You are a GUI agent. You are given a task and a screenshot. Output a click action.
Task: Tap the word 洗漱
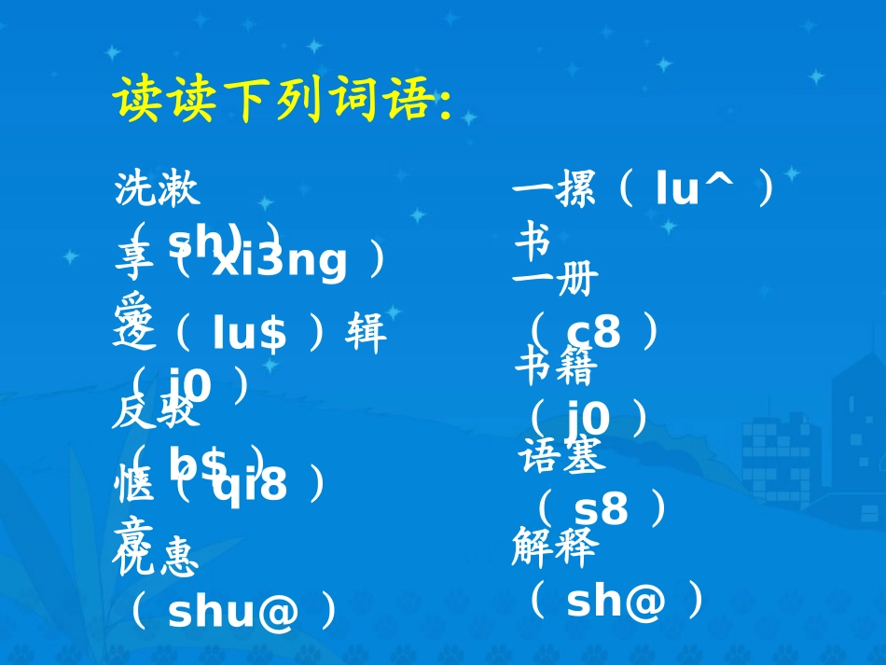[157, 190]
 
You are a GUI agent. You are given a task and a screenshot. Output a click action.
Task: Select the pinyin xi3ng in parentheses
[279, 262]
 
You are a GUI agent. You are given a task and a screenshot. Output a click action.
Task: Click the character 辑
[366, 334]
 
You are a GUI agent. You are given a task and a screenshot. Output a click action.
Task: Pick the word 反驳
[156, 411]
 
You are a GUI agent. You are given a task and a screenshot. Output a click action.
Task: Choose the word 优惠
[156, 560]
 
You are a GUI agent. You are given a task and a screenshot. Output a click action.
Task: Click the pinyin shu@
[233, 612]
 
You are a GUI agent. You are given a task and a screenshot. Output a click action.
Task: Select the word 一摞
[554, 190]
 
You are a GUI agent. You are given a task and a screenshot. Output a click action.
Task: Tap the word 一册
[554, 280]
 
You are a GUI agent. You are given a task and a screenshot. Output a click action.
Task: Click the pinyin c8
[593, 330]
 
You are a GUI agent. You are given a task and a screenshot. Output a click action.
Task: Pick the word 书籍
[556, 368]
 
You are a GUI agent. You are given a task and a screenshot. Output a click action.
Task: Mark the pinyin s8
[601, 509]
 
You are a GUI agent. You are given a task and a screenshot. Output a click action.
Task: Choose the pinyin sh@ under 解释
[616, 603]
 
